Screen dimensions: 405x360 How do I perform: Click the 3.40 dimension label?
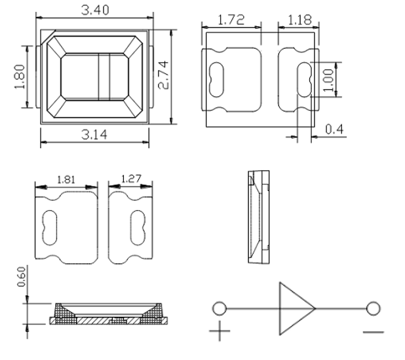(x=95, y=10)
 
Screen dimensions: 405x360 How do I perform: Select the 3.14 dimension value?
(x=94, y=135)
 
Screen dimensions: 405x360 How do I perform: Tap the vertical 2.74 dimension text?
(x=163, y=75)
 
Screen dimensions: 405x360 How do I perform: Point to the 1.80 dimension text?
(x=20, y=77)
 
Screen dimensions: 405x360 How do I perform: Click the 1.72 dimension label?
(x=231, y=20)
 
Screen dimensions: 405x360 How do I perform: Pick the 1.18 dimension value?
(x=299, y=20)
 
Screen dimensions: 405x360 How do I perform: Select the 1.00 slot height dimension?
(x=328, y=80)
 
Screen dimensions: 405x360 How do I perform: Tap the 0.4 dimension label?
(x=334, y=129)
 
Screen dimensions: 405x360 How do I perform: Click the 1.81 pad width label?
(x=66, y=179)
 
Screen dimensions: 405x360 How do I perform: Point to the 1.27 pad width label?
(x=131, y=179)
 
